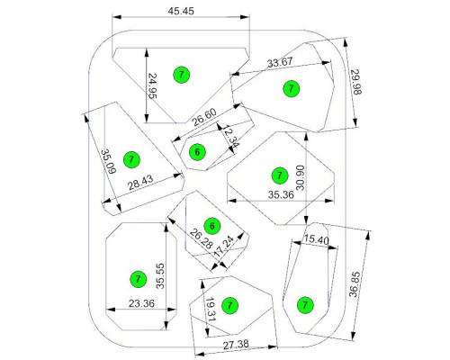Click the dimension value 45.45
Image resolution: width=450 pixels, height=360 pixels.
[181, 11]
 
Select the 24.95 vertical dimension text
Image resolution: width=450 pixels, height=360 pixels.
[153, 86]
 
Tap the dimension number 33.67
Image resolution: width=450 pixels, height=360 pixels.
[280, 63]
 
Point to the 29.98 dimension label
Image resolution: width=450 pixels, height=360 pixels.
[356, 82]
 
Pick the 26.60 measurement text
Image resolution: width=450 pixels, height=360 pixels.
[204, 117]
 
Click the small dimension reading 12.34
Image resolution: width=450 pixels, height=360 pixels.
[230, 137]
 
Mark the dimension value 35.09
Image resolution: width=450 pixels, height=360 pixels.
[108, 162]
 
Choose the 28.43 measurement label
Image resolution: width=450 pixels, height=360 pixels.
[140, 183]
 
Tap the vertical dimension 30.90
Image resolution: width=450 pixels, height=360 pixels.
[300, 177]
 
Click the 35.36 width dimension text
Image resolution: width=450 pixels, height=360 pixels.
[281, 194]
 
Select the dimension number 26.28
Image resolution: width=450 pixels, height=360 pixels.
[202, 238]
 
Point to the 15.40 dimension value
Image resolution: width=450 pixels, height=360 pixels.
[317, 239]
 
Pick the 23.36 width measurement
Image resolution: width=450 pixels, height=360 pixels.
[141, 303]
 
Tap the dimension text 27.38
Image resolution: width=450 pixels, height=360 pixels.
[236, 345]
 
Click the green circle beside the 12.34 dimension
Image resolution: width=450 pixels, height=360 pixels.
[197, 152]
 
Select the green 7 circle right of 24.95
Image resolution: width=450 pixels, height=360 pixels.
[182, 75]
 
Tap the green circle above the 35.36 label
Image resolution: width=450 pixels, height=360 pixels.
[280, 175]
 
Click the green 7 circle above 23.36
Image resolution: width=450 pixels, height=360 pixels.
[138, 279]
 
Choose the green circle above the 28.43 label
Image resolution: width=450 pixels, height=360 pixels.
[131, 159]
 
